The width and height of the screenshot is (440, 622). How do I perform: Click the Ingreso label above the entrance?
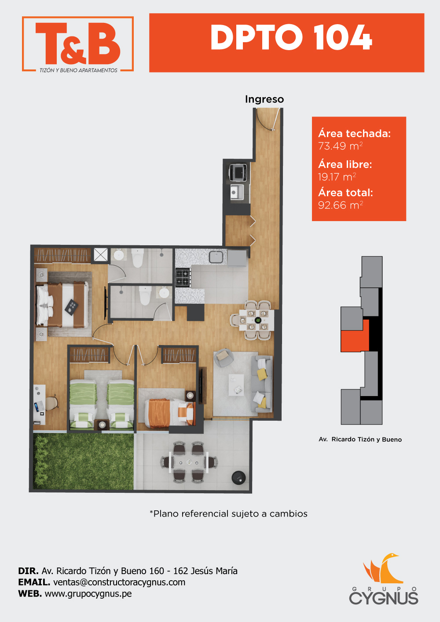click(264, 99)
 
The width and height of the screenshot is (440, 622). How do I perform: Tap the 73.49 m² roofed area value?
click(340, 146)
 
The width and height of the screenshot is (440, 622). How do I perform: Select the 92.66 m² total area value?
click(341, 205)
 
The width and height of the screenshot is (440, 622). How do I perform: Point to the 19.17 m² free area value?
click(337, 177)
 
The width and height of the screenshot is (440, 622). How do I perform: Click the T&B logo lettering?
click(78, 43)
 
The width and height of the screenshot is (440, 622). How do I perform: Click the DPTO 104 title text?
click(291, 37)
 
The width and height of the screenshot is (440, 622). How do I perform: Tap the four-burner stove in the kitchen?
click(183, 278)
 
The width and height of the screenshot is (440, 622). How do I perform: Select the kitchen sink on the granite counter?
click(216, 257)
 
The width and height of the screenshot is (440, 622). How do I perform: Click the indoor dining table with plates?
click(256, 320)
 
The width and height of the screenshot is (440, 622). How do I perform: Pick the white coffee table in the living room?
click(236, 385)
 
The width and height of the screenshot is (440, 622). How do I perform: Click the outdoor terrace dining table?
click(189, 462)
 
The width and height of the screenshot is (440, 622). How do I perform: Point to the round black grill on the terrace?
click(238, 478)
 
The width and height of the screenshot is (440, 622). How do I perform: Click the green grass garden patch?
click(84, 462)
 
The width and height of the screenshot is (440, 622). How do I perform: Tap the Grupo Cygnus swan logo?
click(383, 568)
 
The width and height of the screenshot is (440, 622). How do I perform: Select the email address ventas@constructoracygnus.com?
click(119, 582)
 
